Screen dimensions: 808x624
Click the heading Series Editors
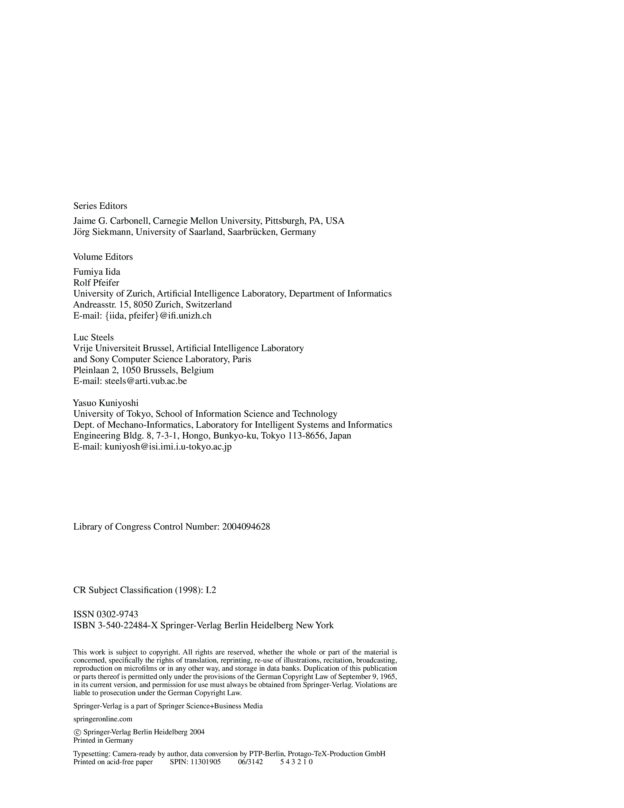[100, 206]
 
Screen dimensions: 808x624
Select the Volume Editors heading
[103, 257]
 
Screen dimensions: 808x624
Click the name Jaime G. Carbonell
[111, 221]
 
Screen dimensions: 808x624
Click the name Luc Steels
[93, 337]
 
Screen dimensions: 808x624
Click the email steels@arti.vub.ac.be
[146, 381]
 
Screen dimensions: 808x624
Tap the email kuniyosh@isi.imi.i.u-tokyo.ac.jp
[168, 447]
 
